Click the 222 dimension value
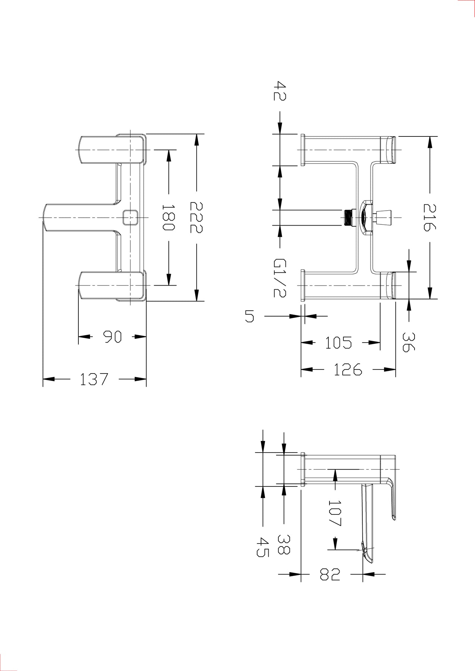coord(196,217)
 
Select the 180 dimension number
coord(168,217)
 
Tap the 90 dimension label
coord(112,337)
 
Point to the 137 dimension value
coord(94,379)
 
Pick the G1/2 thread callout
coord(280,278)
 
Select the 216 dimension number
coord(429,217)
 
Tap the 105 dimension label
coord(338,343)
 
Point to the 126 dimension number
coord(348,369)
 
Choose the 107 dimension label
coord(335,513)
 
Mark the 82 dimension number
coord(330,574)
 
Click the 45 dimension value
coord(263,547)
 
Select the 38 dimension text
coord(284,544)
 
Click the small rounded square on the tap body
coord(130,217)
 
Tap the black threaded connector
coord(348,217)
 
